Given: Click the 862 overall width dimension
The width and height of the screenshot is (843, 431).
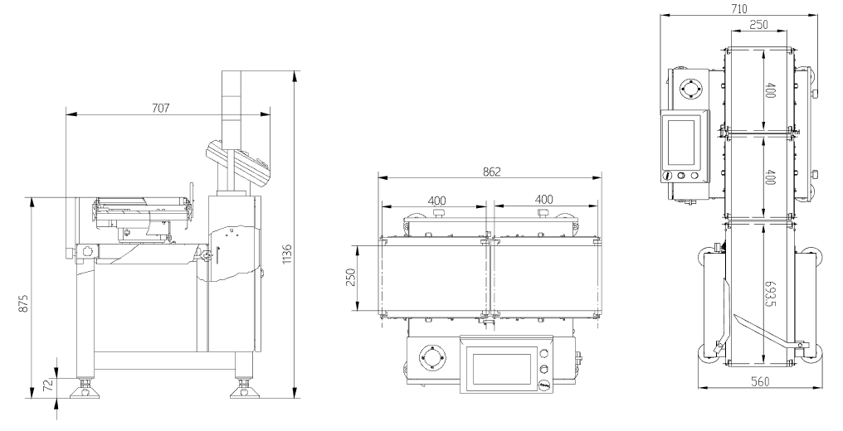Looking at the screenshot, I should pos(490,172).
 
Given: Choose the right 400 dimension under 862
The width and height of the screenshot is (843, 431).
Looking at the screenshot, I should pos(544,199).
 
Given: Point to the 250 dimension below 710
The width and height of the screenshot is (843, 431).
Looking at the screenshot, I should pos(758,25).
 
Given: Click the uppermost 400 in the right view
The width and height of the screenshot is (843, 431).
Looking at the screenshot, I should pos(770,90).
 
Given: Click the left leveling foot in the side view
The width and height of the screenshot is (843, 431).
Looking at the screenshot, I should pos(85,386).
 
